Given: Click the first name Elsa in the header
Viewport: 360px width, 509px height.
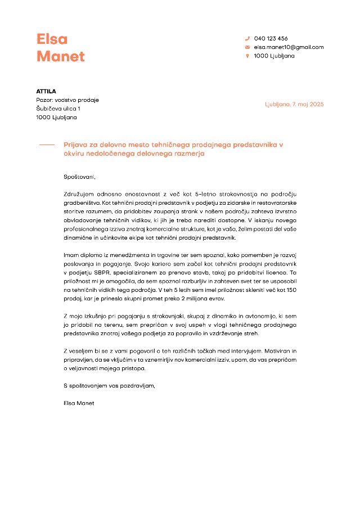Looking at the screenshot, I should [x=52, y=39].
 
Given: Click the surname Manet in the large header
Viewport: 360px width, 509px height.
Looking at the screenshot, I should [x=61, y=57].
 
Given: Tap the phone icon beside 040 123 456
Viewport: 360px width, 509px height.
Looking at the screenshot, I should [x=247, y=39].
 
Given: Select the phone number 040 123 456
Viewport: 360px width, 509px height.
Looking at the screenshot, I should [x=271, y=39].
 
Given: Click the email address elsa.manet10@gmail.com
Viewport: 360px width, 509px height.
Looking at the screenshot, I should [x=289, y=47].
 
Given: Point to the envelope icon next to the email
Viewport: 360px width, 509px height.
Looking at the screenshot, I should [x=247, y=47].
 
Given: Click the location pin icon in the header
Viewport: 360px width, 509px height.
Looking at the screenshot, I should [x=247, y=56].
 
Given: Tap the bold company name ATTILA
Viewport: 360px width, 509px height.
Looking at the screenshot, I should [x=46, y=91].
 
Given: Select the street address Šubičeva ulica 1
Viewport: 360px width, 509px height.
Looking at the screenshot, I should [x=58, y=109].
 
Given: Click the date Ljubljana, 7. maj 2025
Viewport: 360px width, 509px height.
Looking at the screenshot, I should [x=294, y=105].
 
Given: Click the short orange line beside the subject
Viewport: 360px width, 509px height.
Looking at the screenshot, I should [x=47, y=145].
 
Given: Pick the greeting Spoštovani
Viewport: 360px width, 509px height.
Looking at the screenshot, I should [x=80, y=177].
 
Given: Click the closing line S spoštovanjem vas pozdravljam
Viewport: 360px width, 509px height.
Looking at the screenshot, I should [x=109, y=386].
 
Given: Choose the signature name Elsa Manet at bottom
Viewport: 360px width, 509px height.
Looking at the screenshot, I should [x=79, y=403].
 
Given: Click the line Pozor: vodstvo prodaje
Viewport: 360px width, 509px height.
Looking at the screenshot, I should [x=67, y=100].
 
